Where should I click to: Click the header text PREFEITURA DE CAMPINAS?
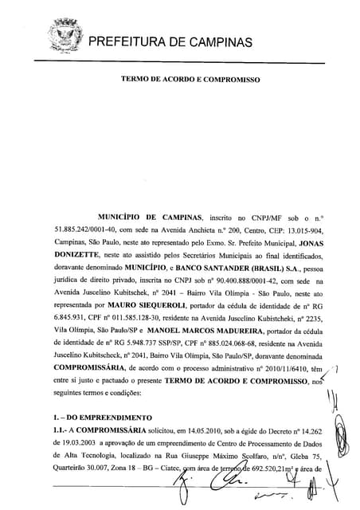click(169, 41)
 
